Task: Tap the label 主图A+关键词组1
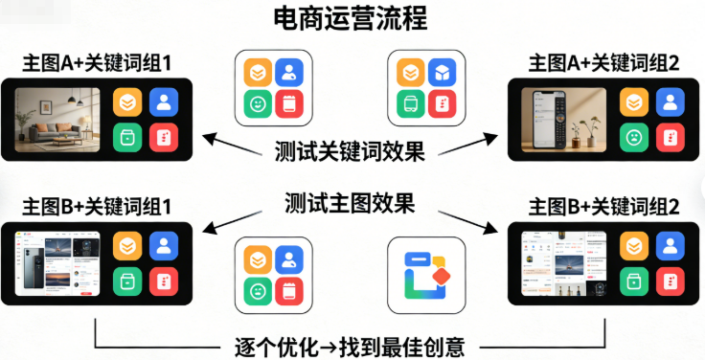(99, 65)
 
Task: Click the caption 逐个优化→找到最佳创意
(351, 343)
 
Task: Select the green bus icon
(408, 104)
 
